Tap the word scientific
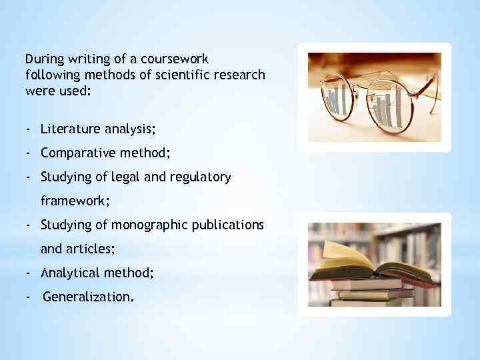coord(169,75)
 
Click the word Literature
coord(70,129)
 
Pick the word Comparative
coord(78,153)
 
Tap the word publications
coord(227,225)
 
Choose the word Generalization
coord(88,297)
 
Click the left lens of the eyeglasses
coord(342,100)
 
